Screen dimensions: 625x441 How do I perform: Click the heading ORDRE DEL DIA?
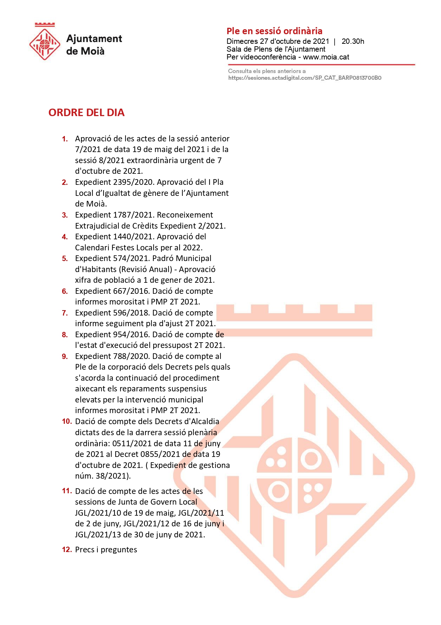86,113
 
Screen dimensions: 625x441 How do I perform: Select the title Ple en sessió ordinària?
274,31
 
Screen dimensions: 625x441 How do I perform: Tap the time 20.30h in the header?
353,41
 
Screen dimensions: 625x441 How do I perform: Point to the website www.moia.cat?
326,57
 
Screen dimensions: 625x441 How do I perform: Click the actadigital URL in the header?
304,78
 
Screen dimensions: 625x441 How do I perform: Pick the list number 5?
65,259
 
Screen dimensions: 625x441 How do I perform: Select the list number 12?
67,550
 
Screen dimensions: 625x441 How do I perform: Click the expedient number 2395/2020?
134,182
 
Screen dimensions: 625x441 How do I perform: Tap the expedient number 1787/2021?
134,215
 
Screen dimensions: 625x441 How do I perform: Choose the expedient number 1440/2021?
134,237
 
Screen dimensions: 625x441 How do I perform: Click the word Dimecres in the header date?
242,41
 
